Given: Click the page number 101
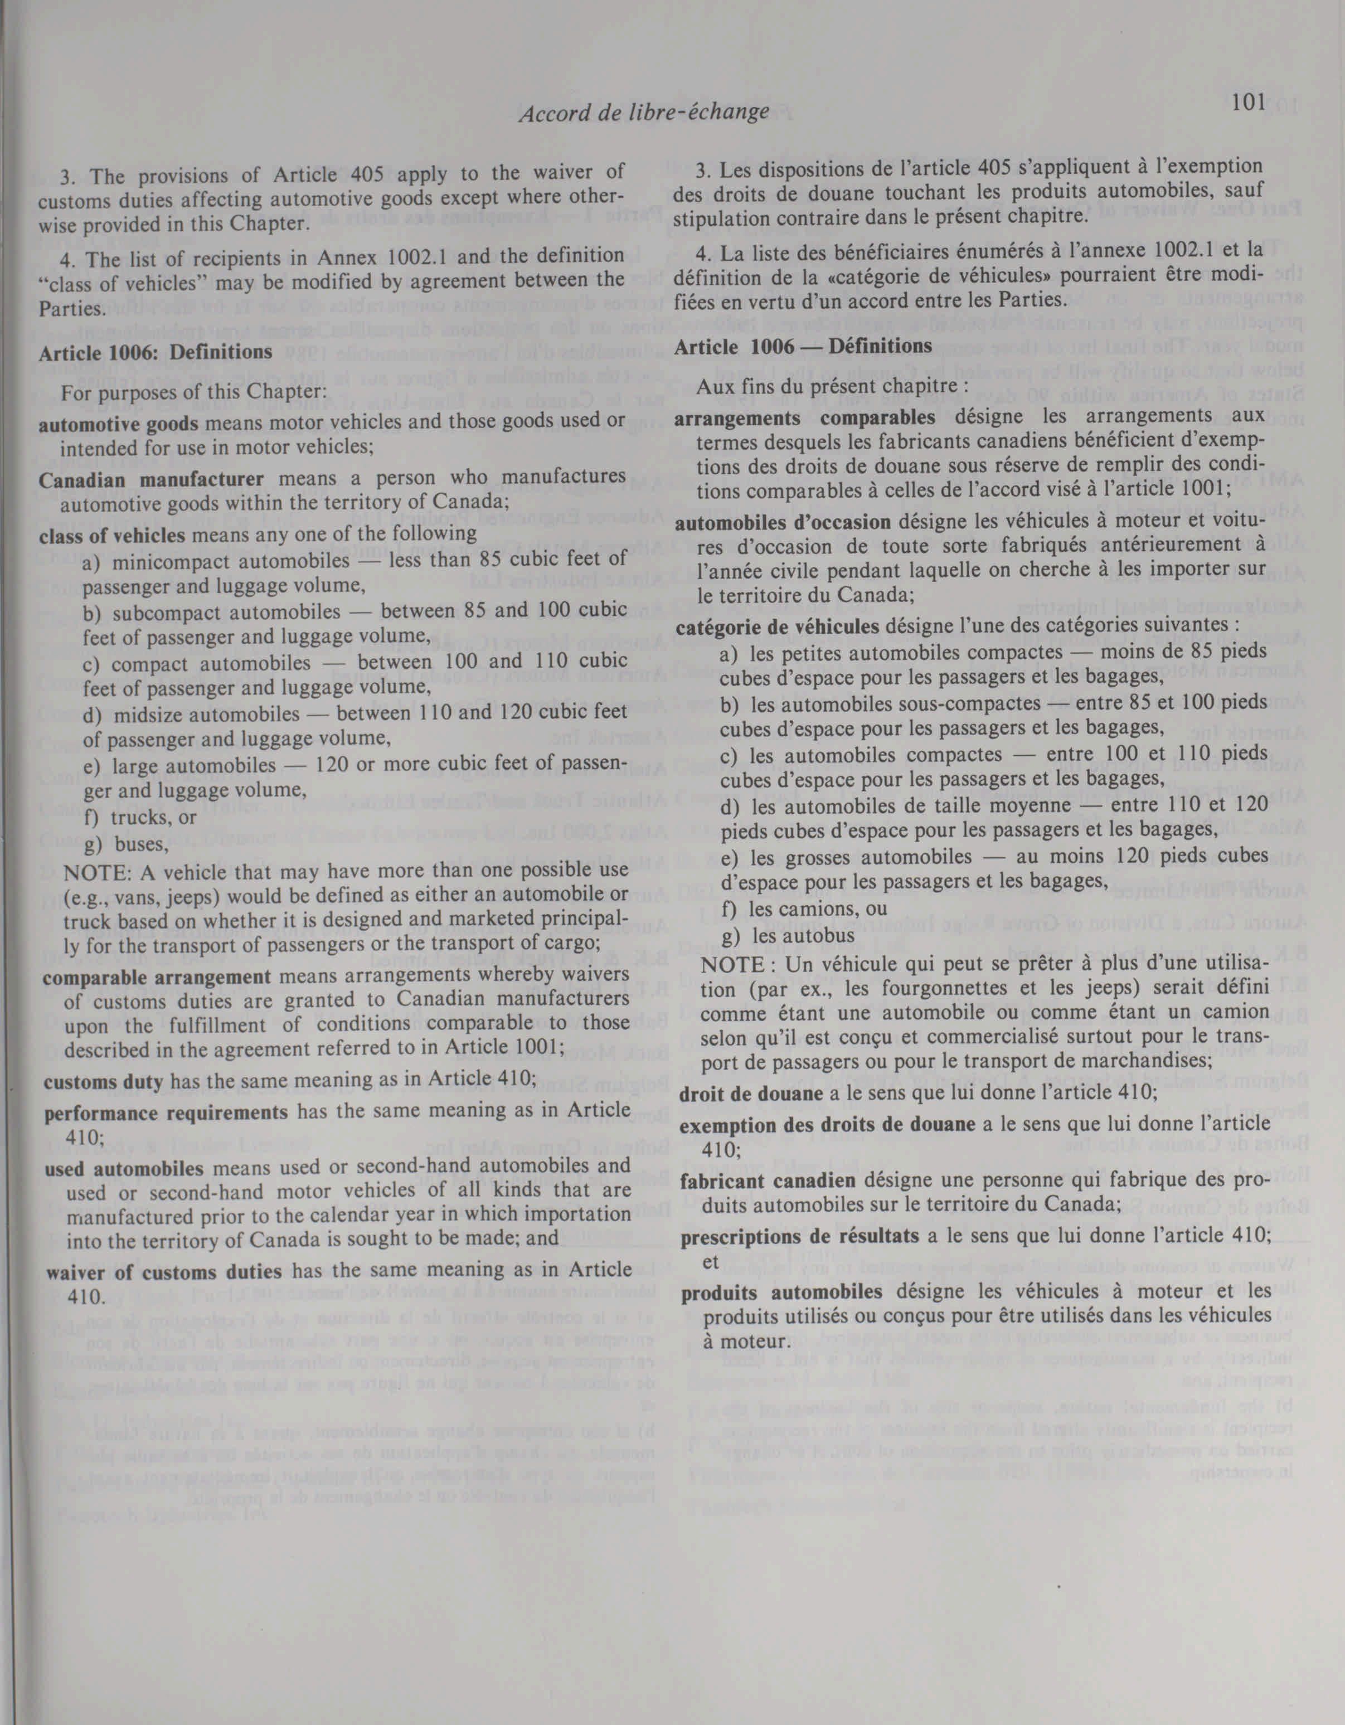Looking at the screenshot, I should [1248, 102].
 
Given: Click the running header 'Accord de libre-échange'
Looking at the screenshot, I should [644, 113].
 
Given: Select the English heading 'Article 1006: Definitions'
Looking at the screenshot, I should [156, 352].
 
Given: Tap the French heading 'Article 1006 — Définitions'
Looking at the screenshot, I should [803, 346].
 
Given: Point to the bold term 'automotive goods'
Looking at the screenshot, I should [119, 424].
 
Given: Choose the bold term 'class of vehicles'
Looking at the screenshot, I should [111, 534].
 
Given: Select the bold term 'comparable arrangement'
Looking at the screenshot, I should [157, 976].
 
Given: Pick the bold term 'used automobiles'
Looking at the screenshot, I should [124, 1168].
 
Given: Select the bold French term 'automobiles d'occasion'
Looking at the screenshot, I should [783, 522].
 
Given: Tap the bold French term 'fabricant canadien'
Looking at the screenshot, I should [768, 1182].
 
